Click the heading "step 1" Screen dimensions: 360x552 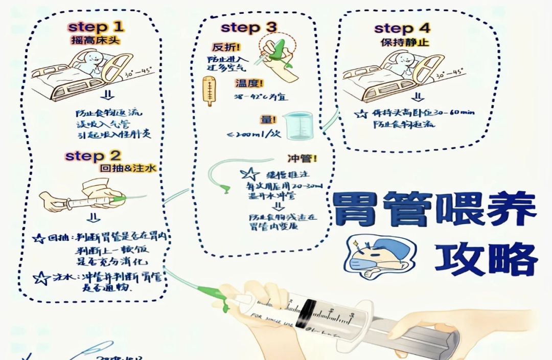pyautogui.click(x=96, y=27)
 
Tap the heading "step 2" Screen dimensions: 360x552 pyautogui.click(x=93, y=155)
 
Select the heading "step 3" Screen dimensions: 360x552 pyautogui.click(x=249, y=28)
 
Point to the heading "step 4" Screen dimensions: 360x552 pyautogui.click(x=402, y=28)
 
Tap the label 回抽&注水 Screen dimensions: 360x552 pyautogui.click(x=124, y=168)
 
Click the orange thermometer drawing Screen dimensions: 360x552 pyautogui.click(x=209, y=91)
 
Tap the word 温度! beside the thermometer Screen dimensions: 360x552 pyautogui.click(x=249, y=83)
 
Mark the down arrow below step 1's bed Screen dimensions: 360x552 pyautogui.click(x=108, y=96)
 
